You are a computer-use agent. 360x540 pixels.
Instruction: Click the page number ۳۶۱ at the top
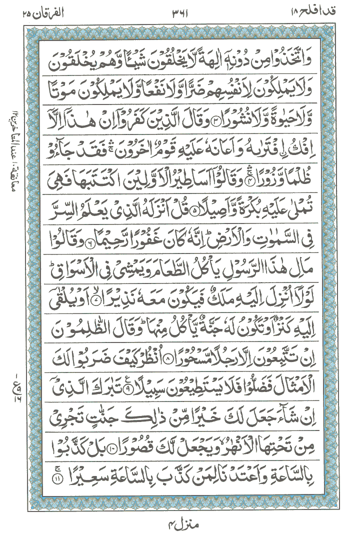tap(179, 10)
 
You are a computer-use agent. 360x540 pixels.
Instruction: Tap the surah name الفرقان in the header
tap(38, 10)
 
